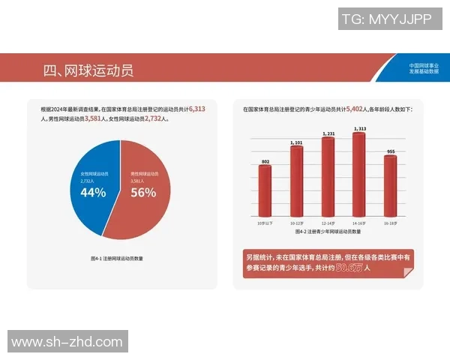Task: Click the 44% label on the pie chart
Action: (92, 193)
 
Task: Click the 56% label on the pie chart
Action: (143, 193)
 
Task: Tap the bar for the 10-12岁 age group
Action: (296, 180)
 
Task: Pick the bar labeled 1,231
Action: (328, 175)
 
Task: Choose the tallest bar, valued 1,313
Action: (358, 172)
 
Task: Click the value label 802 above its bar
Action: (265, 161)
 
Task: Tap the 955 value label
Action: (390, 151)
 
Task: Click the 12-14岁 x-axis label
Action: (328, 223)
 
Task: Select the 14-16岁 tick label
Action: (358, 223)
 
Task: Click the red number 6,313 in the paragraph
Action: (197, 109)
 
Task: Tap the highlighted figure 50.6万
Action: (348, 267)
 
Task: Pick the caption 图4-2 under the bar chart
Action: (327, 232)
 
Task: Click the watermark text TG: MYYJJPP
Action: (386, 19)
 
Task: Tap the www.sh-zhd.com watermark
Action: (67, 342)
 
